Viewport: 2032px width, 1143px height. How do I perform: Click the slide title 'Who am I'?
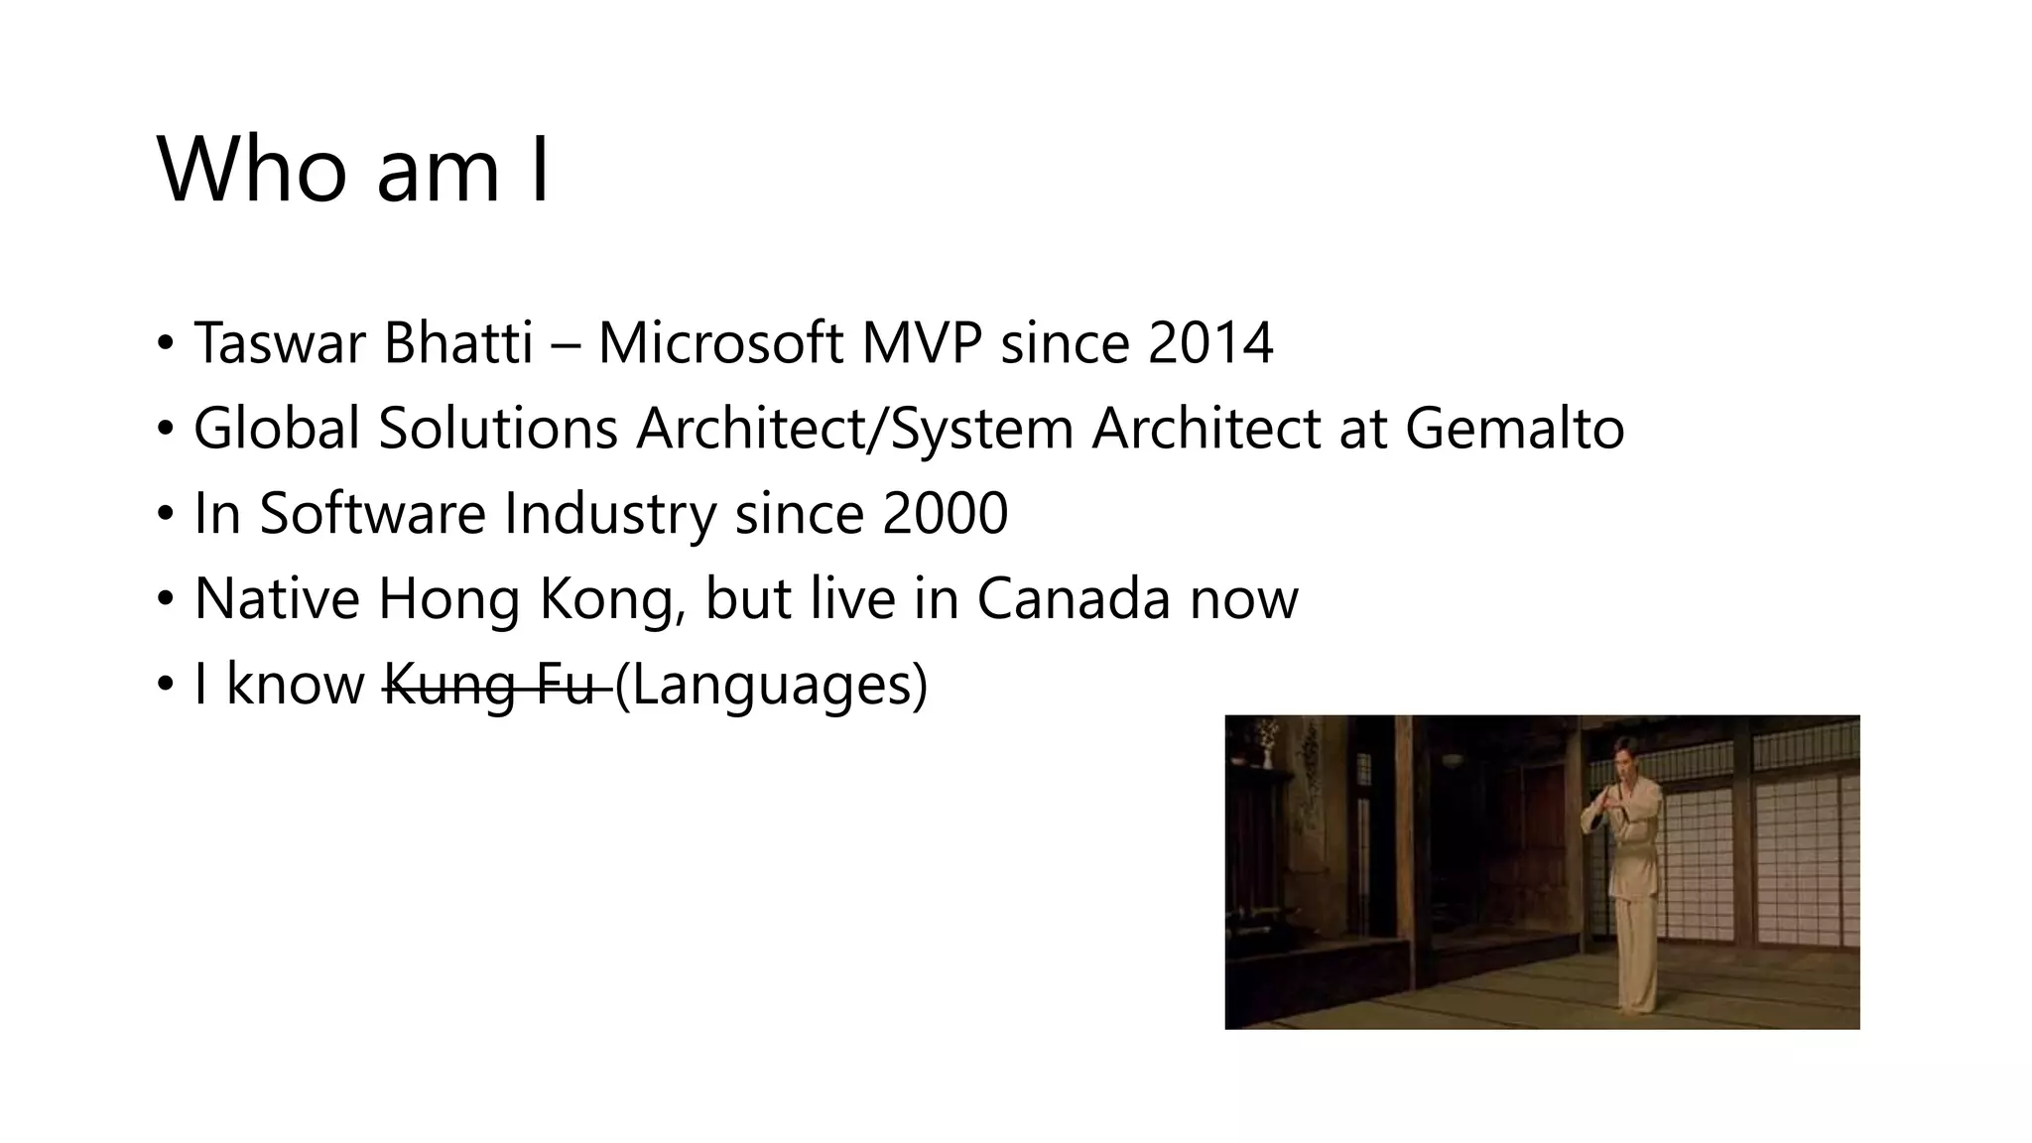[x=353, y=170]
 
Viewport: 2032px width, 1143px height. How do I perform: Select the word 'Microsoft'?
[x=719, y=343]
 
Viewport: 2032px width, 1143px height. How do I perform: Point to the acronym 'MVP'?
[x=921, y=343]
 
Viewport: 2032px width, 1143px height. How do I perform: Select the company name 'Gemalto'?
[x=1514, y=429]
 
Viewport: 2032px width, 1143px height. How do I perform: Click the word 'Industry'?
[x=609, y=514]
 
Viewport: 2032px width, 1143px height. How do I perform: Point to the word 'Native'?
[x=276, y=599]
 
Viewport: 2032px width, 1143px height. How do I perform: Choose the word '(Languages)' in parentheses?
[x=771, y=685]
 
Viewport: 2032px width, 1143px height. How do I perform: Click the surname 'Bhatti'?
[x=458, y=343]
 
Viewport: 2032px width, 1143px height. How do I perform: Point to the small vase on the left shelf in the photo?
[x=1267, y=749]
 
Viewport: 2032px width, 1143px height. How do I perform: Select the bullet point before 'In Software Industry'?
[x=165, y=515]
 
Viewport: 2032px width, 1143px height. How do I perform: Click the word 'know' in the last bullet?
[x=296, y=685]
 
